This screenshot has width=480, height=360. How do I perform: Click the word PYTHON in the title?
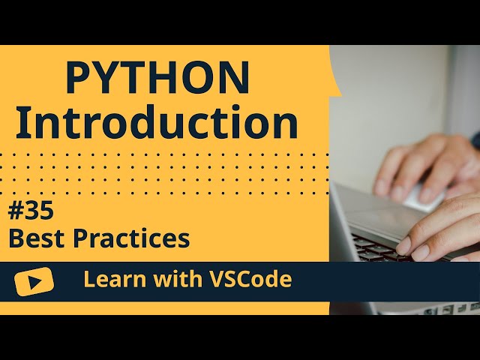[157, 77]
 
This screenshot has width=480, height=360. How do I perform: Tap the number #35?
[31, 212]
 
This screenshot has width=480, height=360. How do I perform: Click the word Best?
[34, 239]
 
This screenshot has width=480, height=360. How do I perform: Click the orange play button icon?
[34, 281]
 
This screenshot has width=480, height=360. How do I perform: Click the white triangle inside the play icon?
[34, 281]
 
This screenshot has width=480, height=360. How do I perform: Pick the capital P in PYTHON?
[78, 77]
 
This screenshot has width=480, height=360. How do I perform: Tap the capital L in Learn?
[88, 280]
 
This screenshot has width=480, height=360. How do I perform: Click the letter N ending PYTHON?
[235, 77]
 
